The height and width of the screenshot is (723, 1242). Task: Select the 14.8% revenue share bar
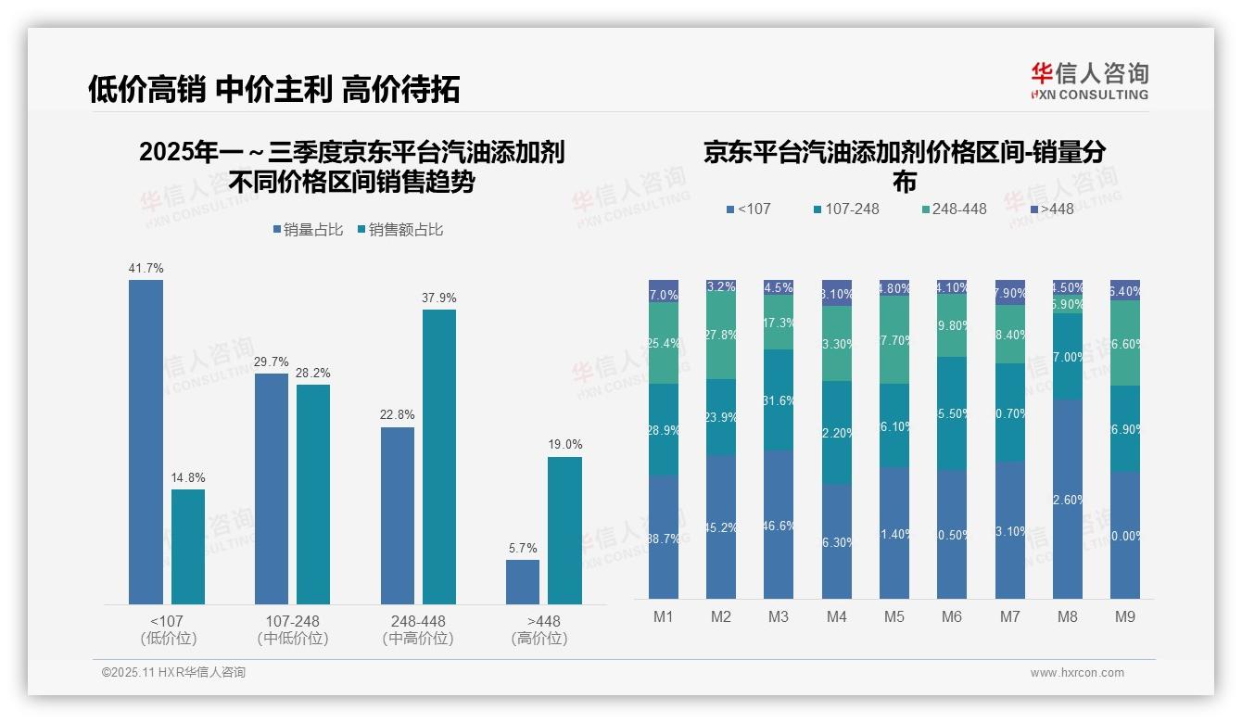188,547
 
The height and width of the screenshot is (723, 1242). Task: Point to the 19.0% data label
564,445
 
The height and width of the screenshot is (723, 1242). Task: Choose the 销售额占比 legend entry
399,230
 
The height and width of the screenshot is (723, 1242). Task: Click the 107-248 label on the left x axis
292,622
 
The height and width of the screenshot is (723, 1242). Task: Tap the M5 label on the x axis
893,617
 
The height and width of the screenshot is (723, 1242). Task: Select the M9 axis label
1124,617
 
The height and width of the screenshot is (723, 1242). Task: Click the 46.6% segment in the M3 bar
779,525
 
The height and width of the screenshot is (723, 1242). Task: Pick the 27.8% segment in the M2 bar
721,335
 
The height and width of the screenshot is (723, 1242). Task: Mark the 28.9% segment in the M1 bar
664,430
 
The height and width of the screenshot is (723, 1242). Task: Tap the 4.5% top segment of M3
779,287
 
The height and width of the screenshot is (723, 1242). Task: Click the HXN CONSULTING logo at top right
1090,82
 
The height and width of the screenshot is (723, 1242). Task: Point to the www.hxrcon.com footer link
1077,673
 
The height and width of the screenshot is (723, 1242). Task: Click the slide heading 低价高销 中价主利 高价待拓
274,89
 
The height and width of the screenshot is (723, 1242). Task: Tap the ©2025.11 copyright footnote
173,673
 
